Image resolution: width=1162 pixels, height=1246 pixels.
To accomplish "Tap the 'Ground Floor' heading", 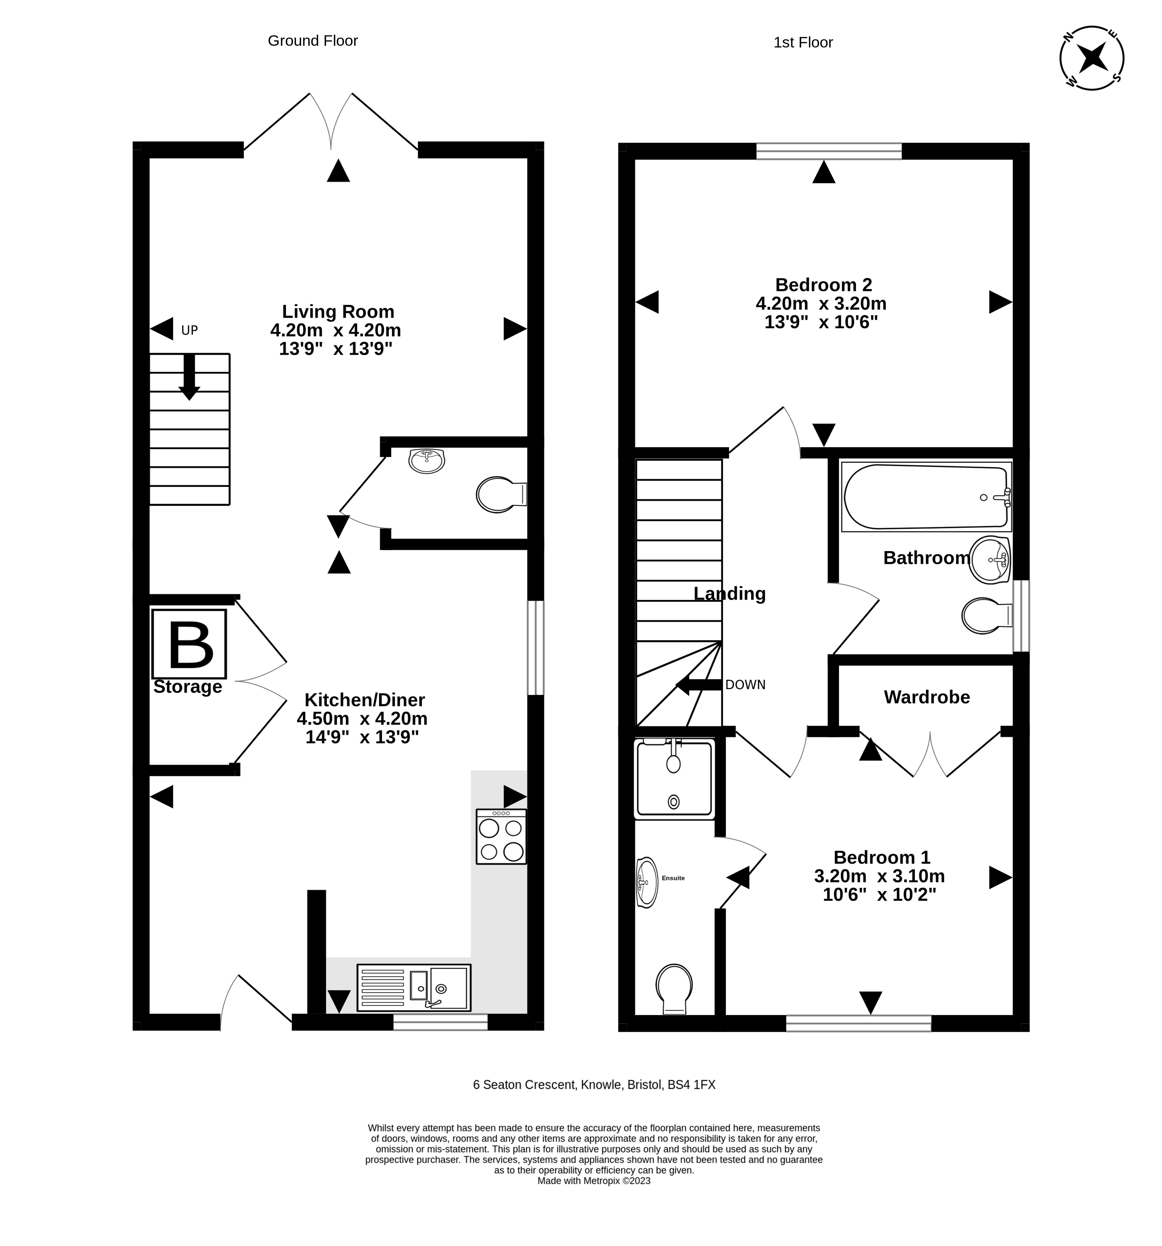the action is (x=313, y=41).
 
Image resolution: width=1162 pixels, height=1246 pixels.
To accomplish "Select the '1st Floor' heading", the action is (x=803, y=43).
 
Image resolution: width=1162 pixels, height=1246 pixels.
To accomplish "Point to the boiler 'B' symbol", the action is (x=189, y=644).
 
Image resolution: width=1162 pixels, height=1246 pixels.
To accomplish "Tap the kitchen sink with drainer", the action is (x=414, y=988).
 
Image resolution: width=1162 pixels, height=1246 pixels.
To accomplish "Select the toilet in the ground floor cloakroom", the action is (x=502, y=494).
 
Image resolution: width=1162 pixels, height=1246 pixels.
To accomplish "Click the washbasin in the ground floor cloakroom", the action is (x=426, y=460).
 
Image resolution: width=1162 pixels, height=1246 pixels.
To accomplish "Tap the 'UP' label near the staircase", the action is (x=189, y=330).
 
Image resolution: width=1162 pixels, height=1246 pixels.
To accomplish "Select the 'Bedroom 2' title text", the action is (x=824, y=285).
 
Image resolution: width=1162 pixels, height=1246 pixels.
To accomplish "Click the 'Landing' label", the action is (x=729, y=594).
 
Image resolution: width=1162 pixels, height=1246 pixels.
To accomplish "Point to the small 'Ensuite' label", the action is (x=673, y=878).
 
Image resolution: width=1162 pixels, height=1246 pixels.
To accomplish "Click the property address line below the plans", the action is (x=594, y=1085).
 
